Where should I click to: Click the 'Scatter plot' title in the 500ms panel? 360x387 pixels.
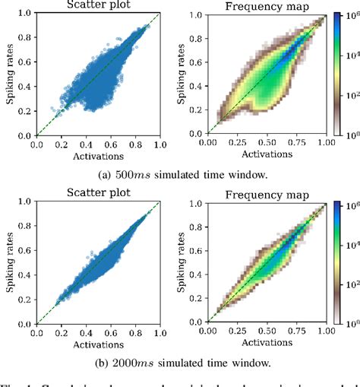pyautogui.click(x=97, y=6)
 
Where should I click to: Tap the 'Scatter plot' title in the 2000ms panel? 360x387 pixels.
pyautogui.click(x=97, y=195)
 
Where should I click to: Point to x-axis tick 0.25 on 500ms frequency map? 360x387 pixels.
pyautogui.click(x=237, y=142)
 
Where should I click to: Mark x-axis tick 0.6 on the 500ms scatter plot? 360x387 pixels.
pyautogui.click(x=109, y=142)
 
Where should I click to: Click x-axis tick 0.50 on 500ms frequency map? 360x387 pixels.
pyautogui.click(x=267, y=142)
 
